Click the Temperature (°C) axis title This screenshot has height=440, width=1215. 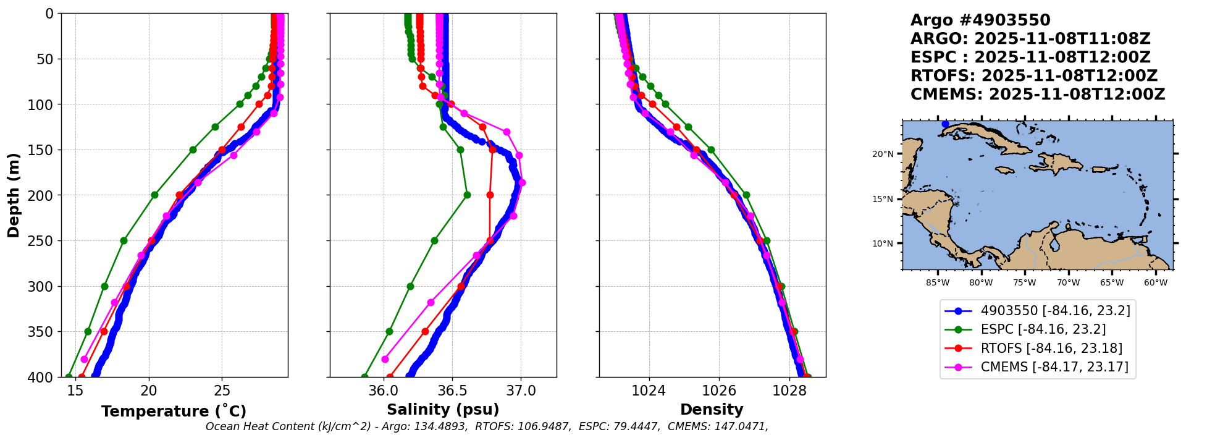click(174, 411)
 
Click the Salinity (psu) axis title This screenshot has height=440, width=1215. click(443, 410)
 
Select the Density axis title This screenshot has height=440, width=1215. click(712, 410)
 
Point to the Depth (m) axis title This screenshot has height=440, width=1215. click(13, 195)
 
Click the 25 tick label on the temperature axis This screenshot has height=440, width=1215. click(222, 391)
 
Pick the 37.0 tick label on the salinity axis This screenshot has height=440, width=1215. click(520, 391)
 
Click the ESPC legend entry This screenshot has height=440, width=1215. click(1043, 329)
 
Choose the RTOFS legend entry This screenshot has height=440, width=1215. click(1051, 349)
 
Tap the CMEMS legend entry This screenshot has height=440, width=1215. click(1054, 367)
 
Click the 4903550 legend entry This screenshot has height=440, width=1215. click(1055, 311)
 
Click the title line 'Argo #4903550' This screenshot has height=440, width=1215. click(980, 20)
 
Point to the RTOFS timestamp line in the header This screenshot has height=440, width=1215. click(1033, 76)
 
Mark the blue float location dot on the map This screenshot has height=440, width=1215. click(945, 124)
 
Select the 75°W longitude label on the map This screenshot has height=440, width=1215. click(1024, 283)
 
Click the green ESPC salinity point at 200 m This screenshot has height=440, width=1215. click(467, 195)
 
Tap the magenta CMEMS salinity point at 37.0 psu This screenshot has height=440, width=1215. click(522, 183)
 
